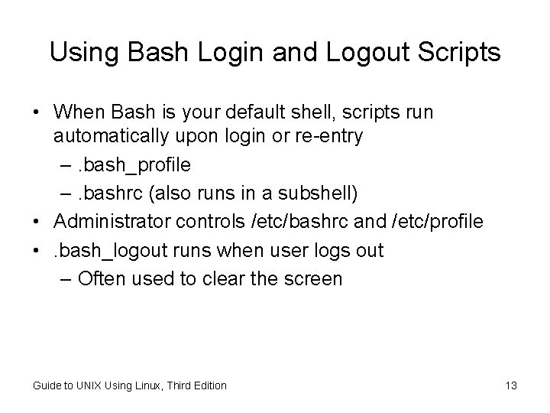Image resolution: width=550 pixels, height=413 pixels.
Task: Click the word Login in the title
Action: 225,53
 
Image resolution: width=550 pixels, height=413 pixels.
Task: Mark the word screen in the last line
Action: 315,278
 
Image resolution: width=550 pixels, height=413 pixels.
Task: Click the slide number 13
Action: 510,385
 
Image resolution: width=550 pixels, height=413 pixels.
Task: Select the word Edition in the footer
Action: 209,385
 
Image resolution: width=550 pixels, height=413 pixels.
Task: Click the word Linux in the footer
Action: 141,385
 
